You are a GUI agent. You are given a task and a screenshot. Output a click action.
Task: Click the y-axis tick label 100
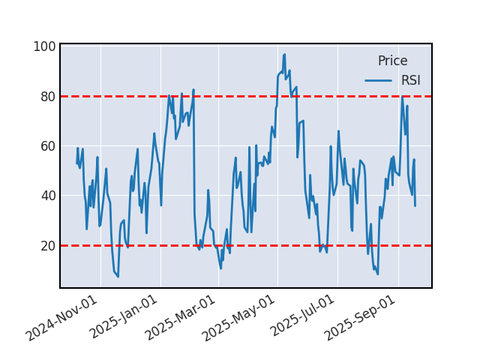[43, 46]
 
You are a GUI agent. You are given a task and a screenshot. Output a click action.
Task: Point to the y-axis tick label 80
[46, 96]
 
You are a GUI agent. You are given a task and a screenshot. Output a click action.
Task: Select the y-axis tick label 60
[46, 145]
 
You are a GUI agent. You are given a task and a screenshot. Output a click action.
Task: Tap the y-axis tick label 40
[46, 196]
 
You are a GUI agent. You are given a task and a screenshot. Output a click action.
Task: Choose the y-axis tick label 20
[46, 245]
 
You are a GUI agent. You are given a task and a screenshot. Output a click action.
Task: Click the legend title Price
[392, 61]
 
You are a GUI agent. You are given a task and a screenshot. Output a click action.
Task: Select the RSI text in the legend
[410, 80]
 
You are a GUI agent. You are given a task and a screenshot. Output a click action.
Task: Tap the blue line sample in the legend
[379, 80]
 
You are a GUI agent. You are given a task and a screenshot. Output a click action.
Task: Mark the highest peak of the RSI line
[284, 54]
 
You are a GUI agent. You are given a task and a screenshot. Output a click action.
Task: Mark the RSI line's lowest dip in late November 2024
[118, 277]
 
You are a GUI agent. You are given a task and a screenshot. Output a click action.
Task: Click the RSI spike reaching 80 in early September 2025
[402, 96]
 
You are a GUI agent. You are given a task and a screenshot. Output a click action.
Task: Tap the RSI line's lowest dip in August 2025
[377, 274]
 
